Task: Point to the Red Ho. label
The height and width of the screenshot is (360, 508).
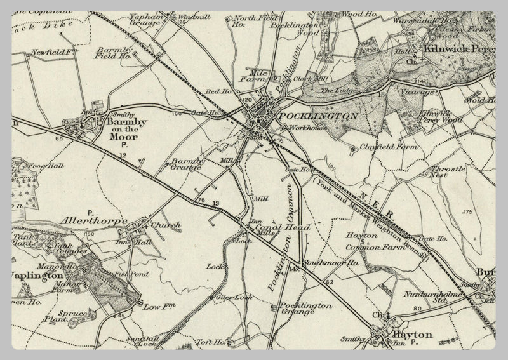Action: [225, 92]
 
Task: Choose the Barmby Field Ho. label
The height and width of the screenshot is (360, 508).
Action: [114, 52]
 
